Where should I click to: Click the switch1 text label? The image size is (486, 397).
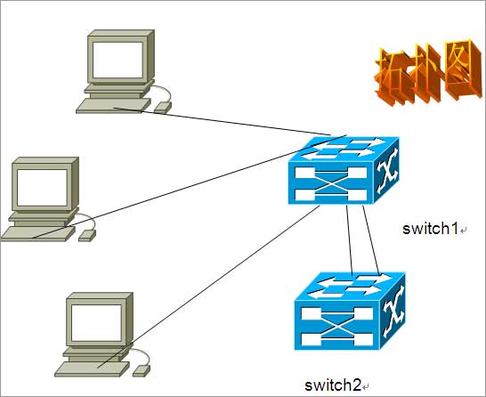coord(430,229)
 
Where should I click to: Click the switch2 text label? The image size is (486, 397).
coord(333,385)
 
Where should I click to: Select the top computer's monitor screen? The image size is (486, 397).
coord(117,60)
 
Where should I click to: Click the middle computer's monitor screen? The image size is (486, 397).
coord(42,188)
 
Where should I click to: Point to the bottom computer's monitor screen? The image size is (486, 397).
coord(96,322)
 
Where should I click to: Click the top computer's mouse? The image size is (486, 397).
coord(163,108)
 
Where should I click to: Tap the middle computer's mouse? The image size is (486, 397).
coord(87,236)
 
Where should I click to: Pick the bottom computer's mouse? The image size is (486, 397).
coord(142,370)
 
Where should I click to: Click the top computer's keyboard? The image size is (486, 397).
coord(113,106)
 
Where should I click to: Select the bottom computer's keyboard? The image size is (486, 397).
coord(92,369)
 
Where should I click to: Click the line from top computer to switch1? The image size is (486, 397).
coord(223,121)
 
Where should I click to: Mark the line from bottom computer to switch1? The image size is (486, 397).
coord(208,287)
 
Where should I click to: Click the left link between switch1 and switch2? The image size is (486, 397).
coord(349,240)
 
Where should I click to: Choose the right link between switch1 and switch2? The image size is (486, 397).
coord(370,240)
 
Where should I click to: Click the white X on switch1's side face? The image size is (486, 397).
coord(387,171)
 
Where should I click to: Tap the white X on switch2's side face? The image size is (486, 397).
coord(393,312)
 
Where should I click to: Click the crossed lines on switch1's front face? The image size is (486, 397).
coord(331,183)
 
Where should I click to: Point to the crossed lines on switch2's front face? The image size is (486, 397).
coord(337,327)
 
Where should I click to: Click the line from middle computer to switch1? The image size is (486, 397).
coord(190,187)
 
